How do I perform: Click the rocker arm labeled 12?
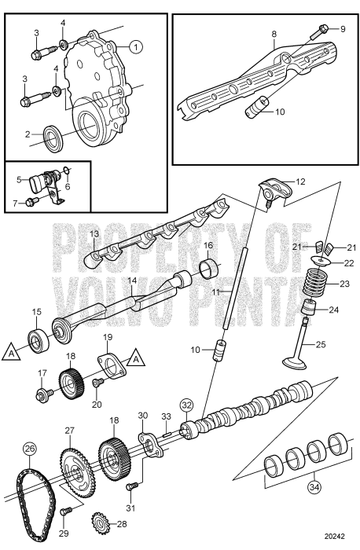tap(266, 187)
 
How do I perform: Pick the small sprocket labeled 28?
tap(101, 521)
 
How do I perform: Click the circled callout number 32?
tap(186, 405)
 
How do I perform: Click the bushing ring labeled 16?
tap(208, 272)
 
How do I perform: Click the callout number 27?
tap(68, 431)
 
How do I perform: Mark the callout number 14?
tap(132, 280)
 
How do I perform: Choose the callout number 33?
tap(165, 416)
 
